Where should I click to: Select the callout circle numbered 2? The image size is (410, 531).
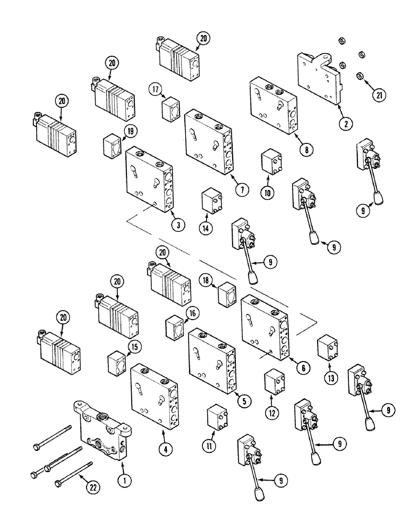tap(345, 124)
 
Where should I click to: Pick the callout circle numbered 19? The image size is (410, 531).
tap(130, 131)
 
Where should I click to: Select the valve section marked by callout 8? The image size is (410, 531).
tap(272, 106)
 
